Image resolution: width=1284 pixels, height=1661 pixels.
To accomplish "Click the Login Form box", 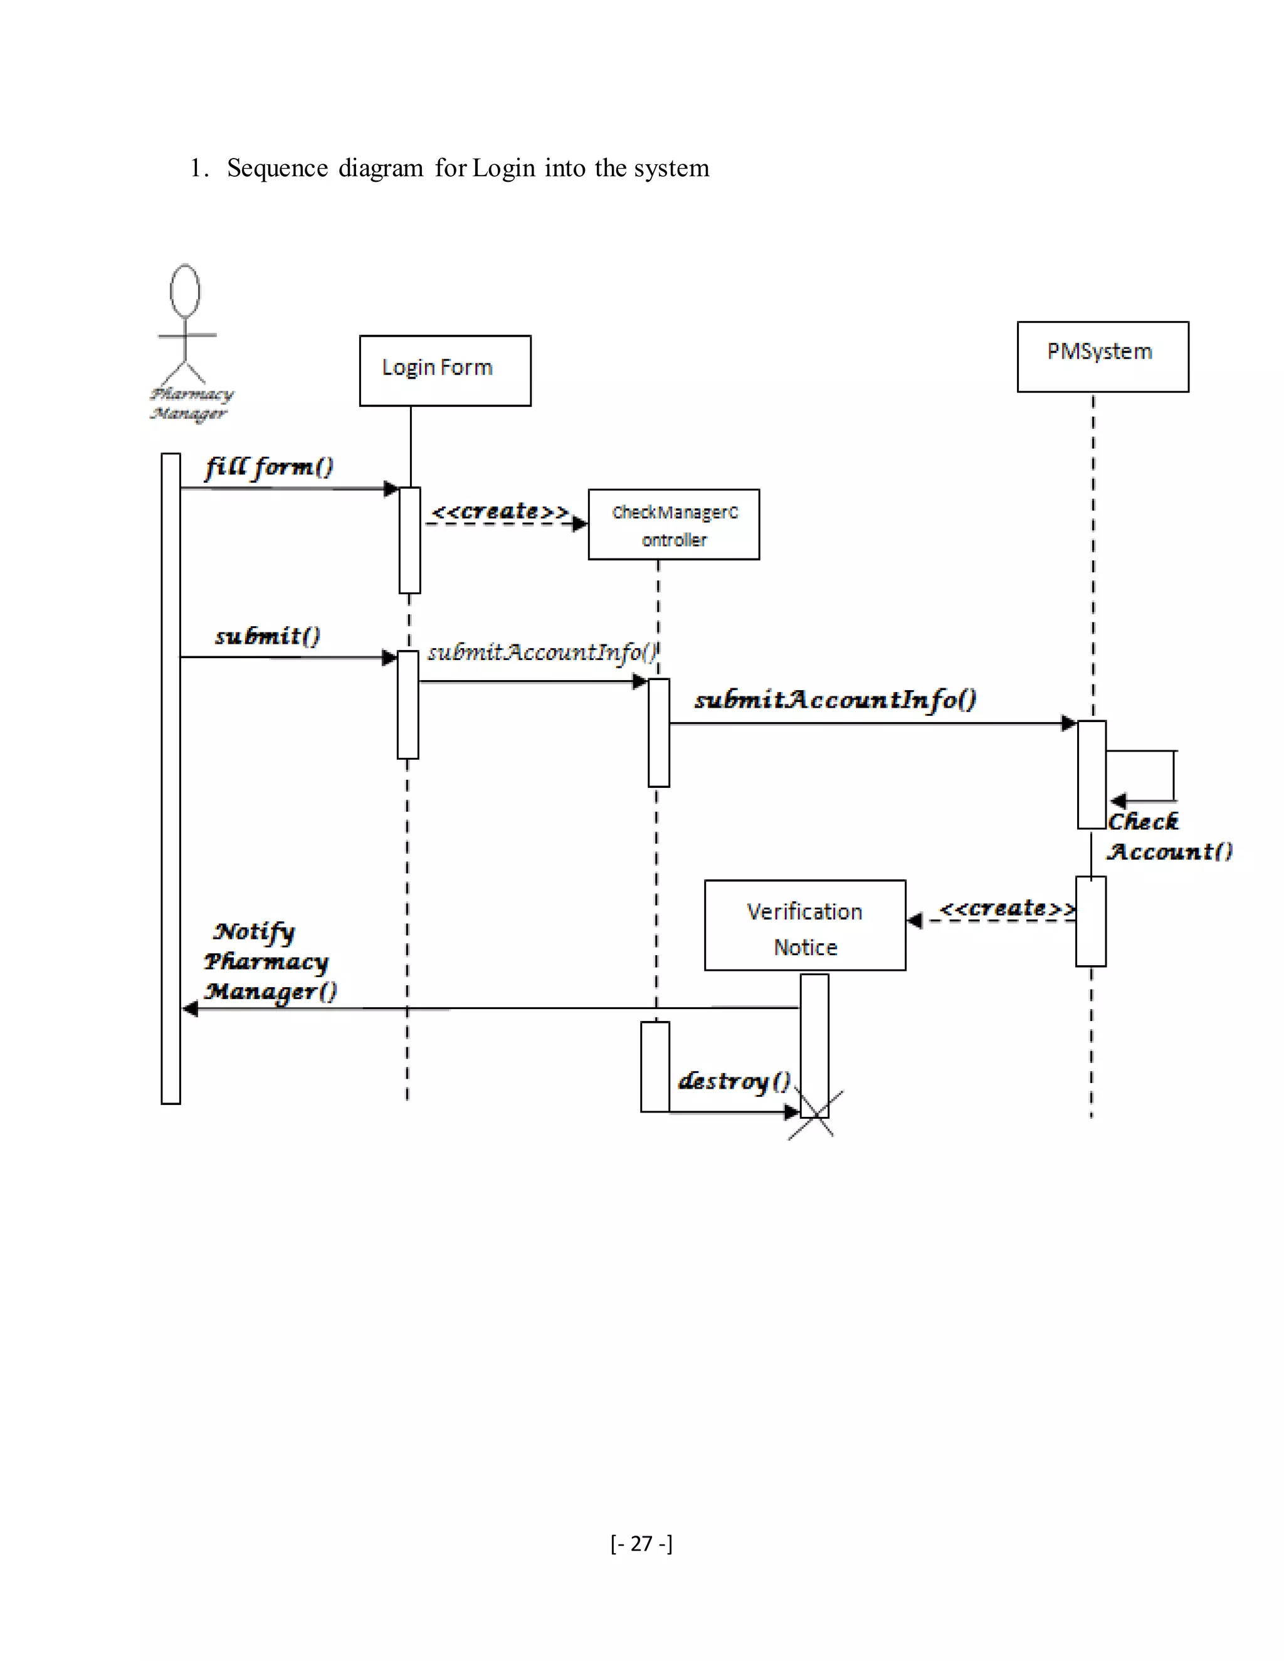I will [x=445, y=370].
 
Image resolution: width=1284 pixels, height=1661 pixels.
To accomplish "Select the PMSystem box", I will [x=1102, y=357].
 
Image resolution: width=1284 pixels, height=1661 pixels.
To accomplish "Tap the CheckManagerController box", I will [x=673, y=525].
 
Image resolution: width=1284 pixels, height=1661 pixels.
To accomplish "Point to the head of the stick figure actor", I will [x=185, y=291].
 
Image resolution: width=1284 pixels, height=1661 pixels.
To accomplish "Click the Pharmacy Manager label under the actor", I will [x=190, y=404].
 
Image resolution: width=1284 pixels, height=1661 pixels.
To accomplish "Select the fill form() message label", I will [x=269, y=466].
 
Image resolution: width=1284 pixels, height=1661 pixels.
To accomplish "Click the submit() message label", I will [x=268, y=636].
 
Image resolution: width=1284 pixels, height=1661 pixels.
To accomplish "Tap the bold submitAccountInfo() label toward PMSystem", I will [x=834, y=700].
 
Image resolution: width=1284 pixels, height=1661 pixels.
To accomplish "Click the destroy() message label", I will [x=734, y=1081].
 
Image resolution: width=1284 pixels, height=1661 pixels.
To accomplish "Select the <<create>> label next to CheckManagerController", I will [x=500, y=511].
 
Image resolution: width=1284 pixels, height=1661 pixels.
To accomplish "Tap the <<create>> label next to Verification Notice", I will [x=1006, y=908].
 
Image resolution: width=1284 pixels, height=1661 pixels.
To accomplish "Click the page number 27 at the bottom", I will [x=641, y=1543].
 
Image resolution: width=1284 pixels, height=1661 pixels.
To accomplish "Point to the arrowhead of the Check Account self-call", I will [x=1117, y=801].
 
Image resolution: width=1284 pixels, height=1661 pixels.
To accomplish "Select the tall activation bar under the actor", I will [x=171, y=777].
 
